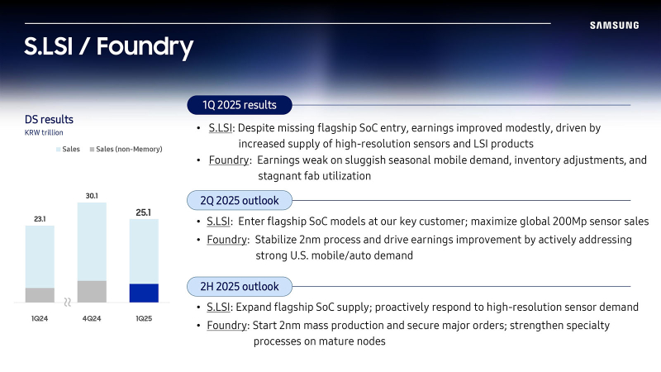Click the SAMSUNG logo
point(614,26)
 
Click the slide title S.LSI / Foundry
point(109,47)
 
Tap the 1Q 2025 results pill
point(240,105)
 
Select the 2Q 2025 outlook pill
point(240,200)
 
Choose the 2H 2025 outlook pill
point(240,286)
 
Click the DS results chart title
point(49,119)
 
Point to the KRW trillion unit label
point(44,132)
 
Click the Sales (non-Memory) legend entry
point(126,149)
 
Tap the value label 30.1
point(92,196)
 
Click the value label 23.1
point(40,219)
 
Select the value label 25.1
point(143,212)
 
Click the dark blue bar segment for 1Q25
point(144,293)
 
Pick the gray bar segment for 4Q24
point(92,292)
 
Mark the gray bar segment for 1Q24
point(40,295)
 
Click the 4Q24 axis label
point(92,318)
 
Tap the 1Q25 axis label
point(144,318)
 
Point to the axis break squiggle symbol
point(67,302)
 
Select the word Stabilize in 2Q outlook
point(276,240)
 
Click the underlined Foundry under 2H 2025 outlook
point(226,325)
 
